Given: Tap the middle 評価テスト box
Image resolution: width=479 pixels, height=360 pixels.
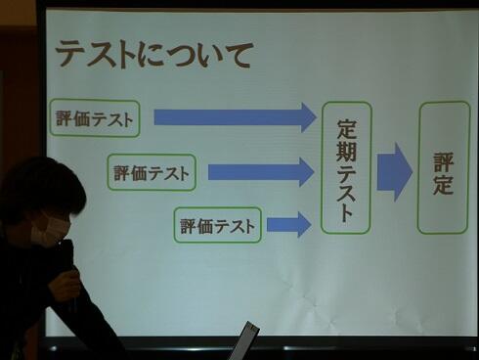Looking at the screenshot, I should (x=152, y=173).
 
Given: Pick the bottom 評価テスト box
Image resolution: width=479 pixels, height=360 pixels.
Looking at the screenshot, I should (x=218, y=226).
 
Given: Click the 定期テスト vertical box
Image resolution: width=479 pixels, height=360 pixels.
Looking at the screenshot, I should (x=346, y=167).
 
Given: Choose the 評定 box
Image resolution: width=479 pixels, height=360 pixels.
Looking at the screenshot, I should (x=443, y=168).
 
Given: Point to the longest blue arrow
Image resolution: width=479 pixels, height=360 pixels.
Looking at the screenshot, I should (x=235, y=117).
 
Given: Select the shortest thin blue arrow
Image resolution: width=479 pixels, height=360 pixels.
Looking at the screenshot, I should (x=288, y=225).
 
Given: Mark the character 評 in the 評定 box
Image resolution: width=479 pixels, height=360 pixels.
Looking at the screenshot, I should (x=443, y=157).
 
